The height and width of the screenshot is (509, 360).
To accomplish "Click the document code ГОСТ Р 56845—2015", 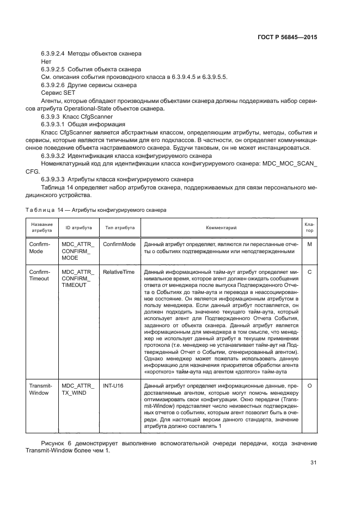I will (x=287, y=38).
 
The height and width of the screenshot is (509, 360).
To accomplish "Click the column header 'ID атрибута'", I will (x=79, y=228).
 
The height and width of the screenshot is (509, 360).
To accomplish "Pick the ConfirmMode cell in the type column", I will (x=119, y=244).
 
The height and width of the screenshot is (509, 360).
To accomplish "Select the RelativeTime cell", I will (x=118, y=271).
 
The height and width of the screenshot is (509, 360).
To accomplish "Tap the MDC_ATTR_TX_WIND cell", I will (x=78, y=389).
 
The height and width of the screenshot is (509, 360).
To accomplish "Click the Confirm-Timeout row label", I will (x=39, y=275).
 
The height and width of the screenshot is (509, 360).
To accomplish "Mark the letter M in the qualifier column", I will (x=309, y=244).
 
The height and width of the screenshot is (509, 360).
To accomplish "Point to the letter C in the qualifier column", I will (x=309, y=271).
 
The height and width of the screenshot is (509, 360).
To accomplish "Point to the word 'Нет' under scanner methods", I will (x=46, y=62).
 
